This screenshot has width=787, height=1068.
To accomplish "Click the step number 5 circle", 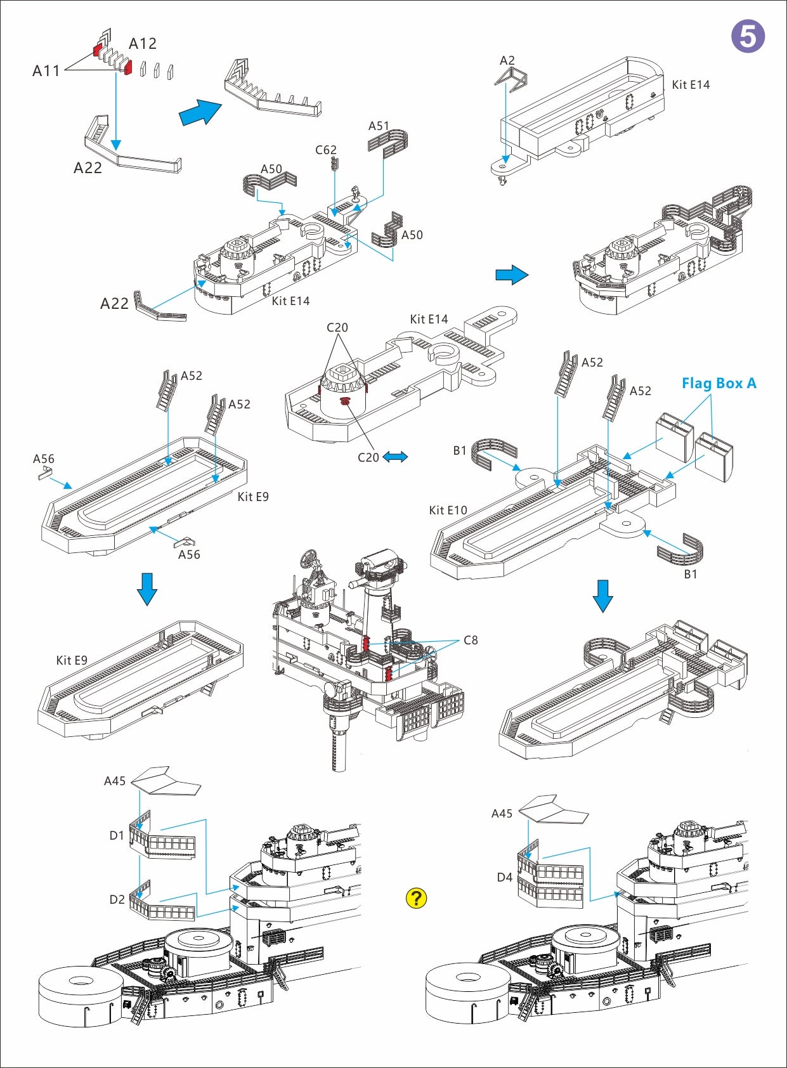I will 748,36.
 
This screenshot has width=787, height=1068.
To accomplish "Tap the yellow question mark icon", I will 416,898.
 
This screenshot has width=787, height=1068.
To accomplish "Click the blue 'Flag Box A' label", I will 719,383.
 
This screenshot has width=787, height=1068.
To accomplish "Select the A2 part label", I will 507,61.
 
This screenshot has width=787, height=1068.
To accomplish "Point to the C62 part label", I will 326,150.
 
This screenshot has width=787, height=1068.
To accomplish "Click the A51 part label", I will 379,126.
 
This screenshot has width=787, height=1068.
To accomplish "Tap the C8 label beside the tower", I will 471,641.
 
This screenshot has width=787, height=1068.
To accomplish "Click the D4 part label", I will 504,878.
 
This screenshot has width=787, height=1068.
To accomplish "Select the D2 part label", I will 117,900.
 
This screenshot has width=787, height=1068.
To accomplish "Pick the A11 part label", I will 46,71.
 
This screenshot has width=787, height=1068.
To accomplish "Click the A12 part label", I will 143,44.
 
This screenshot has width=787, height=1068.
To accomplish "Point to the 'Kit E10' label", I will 448,511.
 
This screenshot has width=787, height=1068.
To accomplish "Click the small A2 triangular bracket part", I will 511,77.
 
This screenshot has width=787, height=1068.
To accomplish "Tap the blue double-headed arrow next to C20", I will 395,457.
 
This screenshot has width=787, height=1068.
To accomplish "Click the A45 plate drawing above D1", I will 166,780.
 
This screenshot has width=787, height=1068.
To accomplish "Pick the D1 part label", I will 117,836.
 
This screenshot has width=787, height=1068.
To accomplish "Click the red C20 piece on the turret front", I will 346,401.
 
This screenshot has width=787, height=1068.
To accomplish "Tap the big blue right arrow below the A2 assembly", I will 512,275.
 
